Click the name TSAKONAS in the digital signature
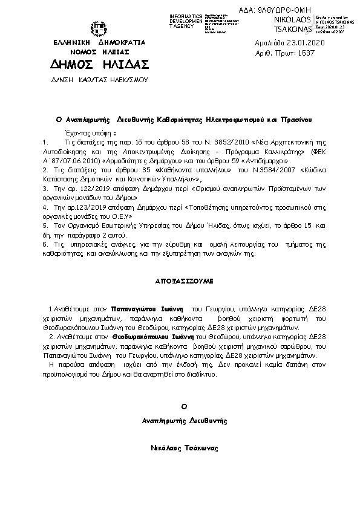point(292,29)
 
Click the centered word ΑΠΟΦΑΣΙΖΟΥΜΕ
point(180,282)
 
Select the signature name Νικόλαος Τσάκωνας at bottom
point(185,449)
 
